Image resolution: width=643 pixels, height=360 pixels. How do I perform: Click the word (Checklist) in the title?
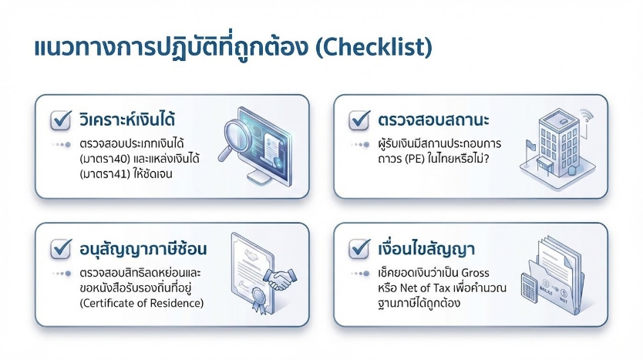[x=374, y=47]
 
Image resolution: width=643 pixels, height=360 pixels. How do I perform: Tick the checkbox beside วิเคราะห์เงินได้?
[x=61, y=120]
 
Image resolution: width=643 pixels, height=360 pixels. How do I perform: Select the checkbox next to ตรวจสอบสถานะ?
[x=359, y=120]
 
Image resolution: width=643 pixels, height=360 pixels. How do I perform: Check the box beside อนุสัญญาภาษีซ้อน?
[x=61, y=249]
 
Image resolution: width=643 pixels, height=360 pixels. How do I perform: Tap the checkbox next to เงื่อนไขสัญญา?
[x=359, y=249]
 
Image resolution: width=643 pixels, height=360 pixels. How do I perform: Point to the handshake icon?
[x=280, y=279]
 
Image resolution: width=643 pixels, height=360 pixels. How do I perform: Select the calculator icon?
[x=529, y=288]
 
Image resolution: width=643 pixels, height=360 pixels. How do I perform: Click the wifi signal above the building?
[x=587, y=115]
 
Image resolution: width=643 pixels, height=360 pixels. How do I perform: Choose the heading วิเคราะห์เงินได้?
[x=127, y=119]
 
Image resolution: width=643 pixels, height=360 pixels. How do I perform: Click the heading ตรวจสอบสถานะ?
[x=433, y=120]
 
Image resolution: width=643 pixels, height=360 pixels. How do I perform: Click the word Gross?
[x=475, y=273]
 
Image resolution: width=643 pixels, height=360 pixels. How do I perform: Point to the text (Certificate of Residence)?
[x=142, y=303]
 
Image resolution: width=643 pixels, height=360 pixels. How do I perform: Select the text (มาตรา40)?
[x=105, y=159]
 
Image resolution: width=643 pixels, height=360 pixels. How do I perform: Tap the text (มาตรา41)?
[x=105, y=174]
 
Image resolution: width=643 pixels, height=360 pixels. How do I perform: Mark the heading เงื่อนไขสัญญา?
[x=426, y=248]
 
